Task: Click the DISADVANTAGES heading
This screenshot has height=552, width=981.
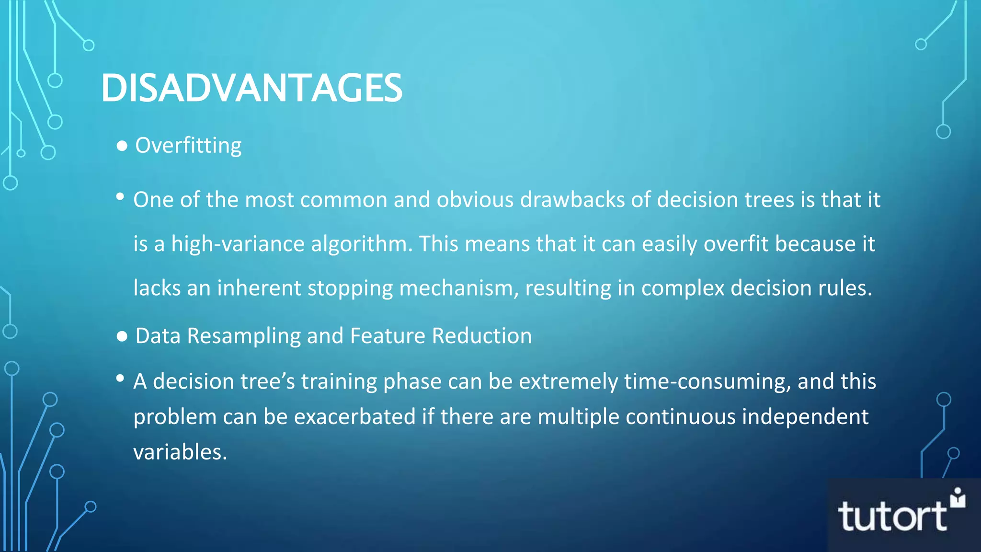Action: pyautogui.click(x=251, y=88)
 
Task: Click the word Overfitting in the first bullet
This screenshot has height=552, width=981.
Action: pyautogui.click(x=188, y=146)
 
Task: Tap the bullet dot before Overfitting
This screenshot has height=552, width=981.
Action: pyautogui.click(x=122, y=146)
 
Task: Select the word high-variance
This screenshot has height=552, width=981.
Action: pyautogui.click(x=238, y=244)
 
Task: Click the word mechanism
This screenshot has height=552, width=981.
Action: pyautogui.click(x=458, y=288)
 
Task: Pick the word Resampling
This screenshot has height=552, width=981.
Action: pyautogui.click(x=243, y=336)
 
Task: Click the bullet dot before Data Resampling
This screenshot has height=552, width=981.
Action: pyautogui.click(x=122, y=337)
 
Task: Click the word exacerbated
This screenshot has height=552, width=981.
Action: pyautogui.click(x=354, y=417)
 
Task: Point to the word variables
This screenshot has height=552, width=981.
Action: pyautogui.click(x=180, y=452)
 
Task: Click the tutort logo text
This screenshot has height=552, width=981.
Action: pyautogui.click(x=892, y=517)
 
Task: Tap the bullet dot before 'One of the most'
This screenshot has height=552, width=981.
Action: pyautogui.click(x=120, y=196)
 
